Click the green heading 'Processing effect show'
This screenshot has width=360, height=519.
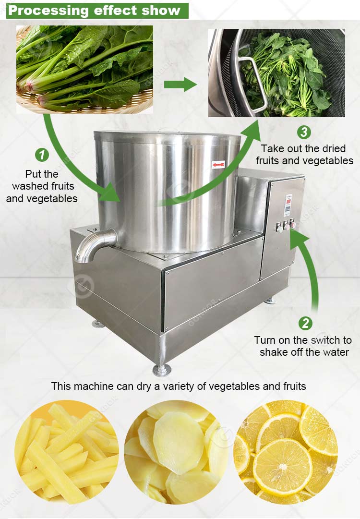click(95, 10)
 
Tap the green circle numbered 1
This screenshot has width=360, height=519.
click(43, 155)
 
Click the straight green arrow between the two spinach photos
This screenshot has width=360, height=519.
click(180, 85)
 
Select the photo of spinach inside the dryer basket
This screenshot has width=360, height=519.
click(276, 73)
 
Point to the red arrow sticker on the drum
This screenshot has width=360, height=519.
click(218, 165)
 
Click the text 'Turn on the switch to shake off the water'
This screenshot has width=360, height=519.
click(303, 346)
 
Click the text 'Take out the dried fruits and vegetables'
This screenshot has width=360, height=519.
click(304, 155)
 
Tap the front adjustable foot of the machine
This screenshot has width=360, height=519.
click(161, 370)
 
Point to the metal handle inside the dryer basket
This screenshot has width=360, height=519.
click(252, 82)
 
